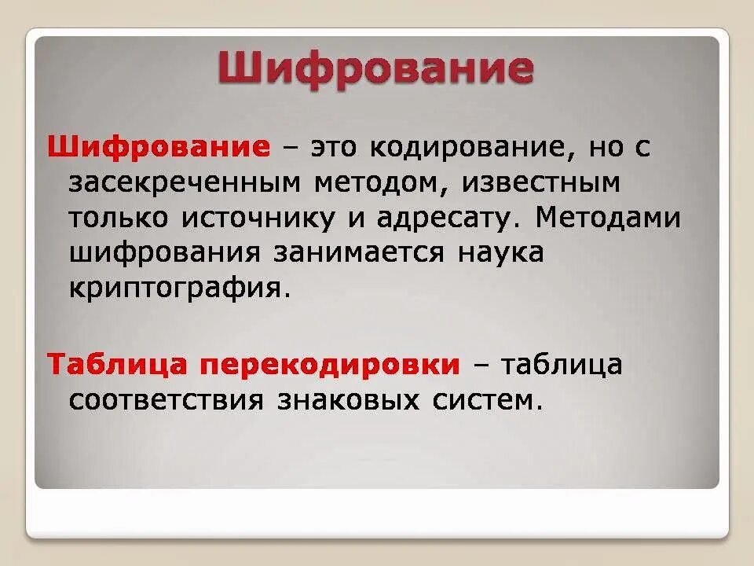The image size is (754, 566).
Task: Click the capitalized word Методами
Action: [x=608, y=218]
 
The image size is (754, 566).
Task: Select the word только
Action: [x=117, y=219]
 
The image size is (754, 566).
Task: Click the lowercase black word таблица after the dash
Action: [x=562, y=366]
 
